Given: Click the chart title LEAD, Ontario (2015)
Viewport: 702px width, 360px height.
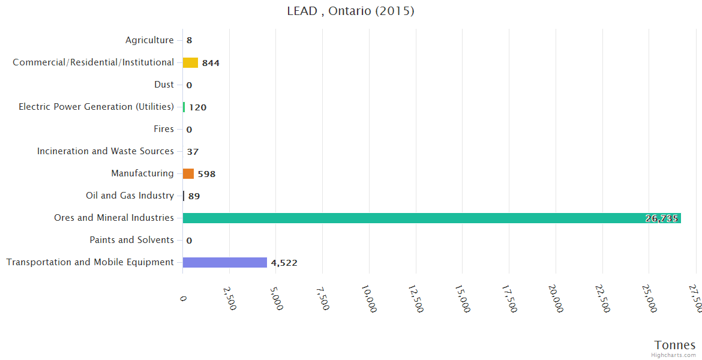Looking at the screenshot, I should (x=350, y=11).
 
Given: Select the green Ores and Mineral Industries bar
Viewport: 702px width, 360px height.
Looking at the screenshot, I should (x=431, y=218).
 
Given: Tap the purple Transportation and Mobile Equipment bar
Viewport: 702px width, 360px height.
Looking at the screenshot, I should (x=224, y=262).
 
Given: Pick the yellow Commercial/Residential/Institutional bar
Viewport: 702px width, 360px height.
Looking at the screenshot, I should (x=190, y=62).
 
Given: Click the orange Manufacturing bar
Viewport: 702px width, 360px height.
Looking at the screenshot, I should (x=188, y=173).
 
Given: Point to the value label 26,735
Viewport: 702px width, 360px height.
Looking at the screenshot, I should (x=662, y=218).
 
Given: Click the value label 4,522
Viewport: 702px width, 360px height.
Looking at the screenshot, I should (x=284, y=263).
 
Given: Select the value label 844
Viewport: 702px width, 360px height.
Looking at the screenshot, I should (x=211, y=63).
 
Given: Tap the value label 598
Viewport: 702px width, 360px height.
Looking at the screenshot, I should (x=206, y=174).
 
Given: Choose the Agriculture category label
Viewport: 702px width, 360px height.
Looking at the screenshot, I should (x=149, y=40).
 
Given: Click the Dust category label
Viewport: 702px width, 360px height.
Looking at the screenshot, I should (x=164, y=85).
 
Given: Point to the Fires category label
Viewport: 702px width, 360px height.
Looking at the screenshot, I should (x=164, y=129).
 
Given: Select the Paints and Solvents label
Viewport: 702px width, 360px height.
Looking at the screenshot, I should (x=131, y=240).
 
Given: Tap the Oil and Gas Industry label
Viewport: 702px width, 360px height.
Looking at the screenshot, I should (x=130, y=196).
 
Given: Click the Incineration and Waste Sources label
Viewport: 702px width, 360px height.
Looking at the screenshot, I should (x=106, y=151).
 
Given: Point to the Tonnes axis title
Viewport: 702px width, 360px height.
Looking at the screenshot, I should (x=675, y=345).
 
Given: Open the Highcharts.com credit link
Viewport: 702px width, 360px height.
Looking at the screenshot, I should (x=674, y=355).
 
